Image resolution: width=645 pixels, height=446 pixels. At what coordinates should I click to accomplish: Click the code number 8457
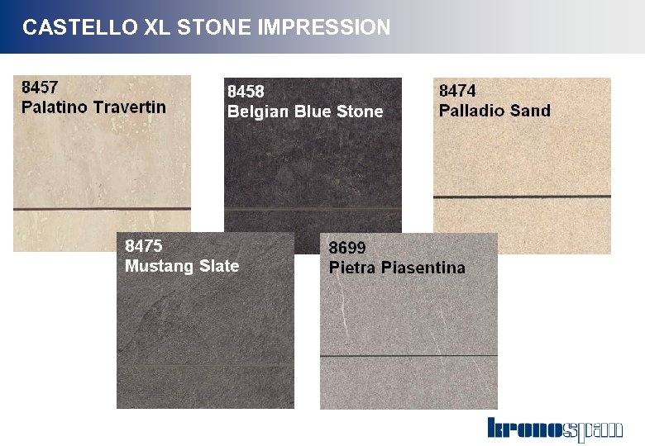pyautogui.click(x=40, y=86)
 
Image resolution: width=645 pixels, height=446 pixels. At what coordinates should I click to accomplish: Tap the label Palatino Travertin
pyautogui.click(x=93, y=107)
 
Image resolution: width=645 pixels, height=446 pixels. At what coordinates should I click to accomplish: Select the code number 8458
pyautogui.click(x=246, y=91)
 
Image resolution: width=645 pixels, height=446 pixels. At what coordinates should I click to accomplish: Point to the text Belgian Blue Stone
pyautogui.click(x=305, y=111)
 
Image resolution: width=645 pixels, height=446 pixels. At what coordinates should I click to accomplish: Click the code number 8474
pyautogui.click(x=457, y=90)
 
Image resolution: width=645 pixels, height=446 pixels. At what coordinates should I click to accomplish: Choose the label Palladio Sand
pyautogui.click(x=494, y=111)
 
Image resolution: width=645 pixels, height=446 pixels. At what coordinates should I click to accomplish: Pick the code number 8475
pyautogui.click(x=143, y=245)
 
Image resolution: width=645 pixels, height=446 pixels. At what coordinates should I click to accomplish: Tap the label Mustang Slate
pyautogui.click(x=182, y=266)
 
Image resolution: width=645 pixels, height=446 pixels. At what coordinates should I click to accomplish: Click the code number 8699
pyautogui.click(x=347, y=247)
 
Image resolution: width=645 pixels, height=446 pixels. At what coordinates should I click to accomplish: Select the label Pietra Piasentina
pyautogui.click(x=397, y=268)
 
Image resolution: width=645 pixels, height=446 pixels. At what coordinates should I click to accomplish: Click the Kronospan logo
pyautogui.click(x=554, y=429)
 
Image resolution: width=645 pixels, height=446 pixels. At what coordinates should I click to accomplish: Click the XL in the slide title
pyautogui.click(x=155, y=27)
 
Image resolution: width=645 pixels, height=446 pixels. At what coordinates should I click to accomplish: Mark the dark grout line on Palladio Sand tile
pyautogui.click(x=522, y=197)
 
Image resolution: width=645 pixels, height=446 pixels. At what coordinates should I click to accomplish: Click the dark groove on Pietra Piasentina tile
pyautogui.click(x=408, y=356)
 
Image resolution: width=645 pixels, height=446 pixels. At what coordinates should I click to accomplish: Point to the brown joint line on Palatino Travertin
pyautogui.click(x=102, y=209)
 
